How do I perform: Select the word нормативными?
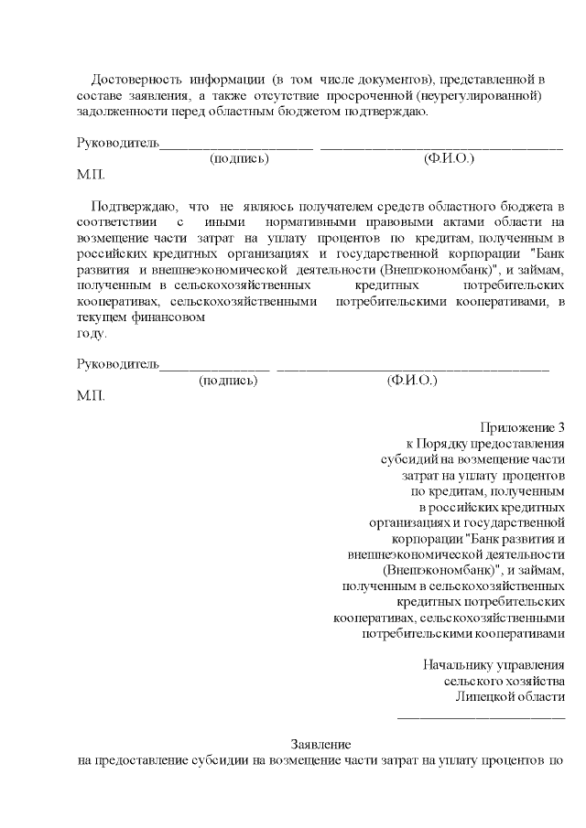point(306,221)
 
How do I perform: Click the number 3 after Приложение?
point(560,427)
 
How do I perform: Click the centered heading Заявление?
point(320,744)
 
